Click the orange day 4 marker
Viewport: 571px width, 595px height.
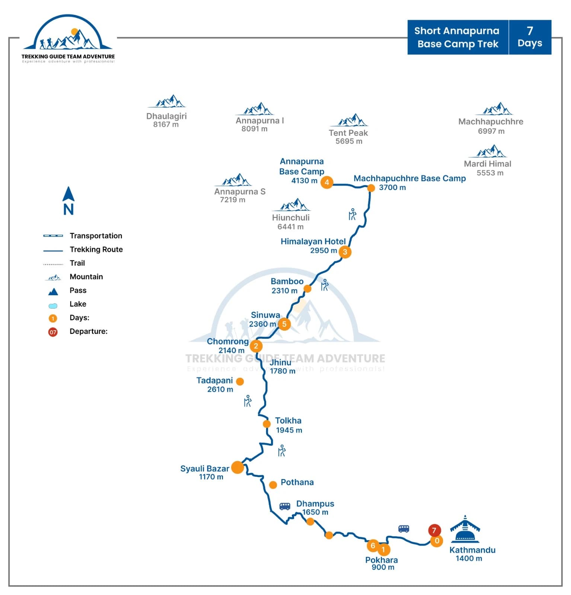pos(326,182)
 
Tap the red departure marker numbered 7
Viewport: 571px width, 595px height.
pos(434,530)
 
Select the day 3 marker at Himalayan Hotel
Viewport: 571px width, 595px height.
pos(345,252)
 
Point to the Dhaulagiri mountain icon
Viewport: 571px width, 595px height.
pos(167,102)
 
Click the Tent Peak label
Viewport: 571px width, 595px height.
pos(348,133)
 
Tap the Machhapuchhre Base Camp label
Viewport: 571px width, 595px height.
pos(409,178)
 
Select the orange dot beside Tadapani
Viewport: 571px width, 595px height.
pos(240,381)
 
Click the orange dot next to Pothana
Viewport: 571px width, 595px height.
pos(273,485)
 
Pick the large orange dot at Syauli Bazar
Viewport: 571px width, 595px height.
pos(237,467)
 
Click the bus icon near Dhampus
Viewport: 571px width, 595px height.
pos(285,506)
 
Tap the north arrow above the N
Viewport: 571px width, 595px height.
pos(68,194)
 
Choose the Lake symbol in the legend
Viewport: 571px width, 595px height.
pos(53,306)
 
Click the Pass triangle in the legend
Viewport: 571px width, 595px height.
pos(53,292)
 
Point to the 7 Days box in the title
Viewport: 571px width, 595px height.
pos(530,37)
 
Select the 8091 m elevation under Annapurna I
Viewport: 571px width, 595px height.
pos(254,129)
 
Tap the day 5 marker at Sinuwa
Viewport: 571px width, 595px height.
pos(284,324)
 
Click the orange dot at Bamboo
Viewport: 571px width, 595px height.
pos(307,289)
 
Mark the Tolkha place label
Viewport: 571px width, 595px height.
pos(288,421)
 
